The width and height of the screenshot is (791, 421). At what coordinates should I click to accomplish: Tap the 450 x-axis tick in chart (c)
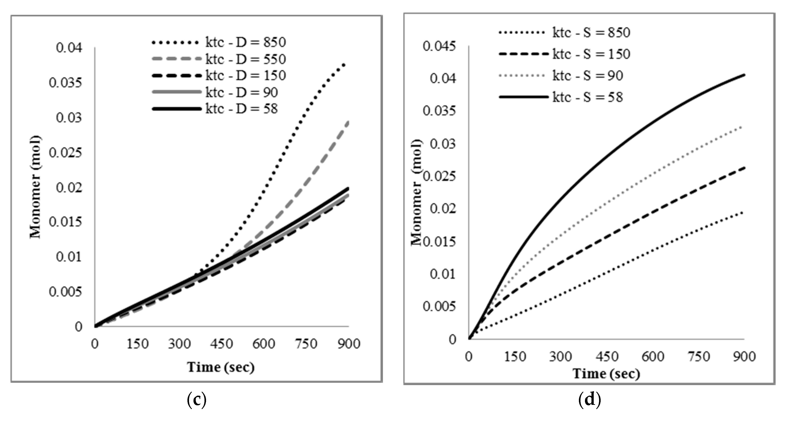[x=221, y=344]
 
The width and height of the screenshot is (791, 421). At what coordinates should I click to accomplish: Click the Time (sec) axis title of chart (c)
[x=221, y=367]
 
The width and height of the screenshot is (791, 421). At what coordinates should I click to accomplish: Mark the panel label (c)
[x=197, y=399]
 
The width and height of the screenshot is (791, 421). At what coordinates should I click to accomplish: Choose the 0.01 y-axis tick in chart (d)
[x=443, y=274]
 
